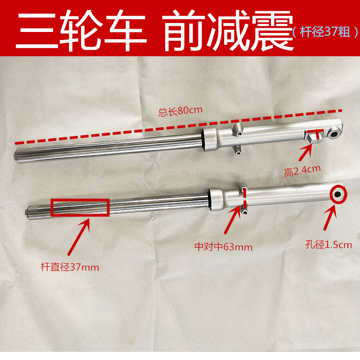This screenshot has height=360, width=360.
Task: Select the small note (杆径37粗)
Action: tap(324, 32)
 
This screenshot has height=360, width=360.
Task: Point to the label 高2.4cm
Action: tap(302, 171)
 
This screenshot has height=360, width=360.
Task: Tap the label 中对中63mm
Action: tap(223, 247)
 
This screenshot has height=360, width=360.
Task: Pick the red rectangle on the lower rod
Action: tap(80, 208)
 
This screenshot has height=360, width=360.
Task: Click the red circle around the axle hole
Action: tap(338, 194)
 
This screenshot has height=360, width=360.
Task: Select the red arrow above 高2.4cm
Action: tap(306, 153)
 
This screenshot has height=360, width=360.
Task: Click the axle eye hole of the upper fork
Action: tap(336, 134)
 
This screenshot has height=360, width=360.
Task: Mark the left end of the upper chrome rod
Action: tap(17, 155)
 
